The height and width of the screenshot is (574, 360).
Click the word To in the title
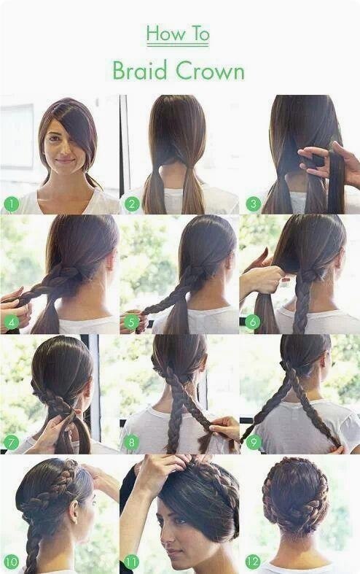tap(200, 34)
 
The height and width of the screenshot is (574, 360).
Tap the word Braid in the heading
tap(140, 70)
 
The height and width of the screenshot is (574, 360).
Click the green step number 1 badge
tap(12, 204)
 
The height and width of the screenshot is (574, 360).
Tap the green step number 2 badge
tap(132, 204)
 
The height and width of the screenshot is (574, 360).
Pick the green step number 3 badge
tap(253, 204)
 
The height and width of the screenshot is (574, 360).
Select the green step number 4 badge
tap(12, 322)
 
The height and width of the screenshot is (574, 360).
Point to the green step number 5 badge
tap(132, 322)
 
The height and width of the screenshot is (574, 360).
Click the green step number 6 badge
tap(252, 322)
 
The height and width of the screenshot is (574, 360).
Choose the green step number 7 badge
tap(12, 443)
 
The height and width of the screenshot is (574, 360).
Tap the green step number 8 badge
tap(132, 443)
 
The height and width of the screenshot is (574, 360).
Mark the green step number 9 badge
tap(253, 443)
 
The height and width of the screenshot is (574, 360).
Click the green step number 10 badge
tap(12, 561)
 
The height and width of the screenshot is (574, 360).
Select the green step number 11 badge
tap(132, 561)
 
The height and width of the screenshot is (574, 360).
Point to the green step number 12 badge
tap(253, 561)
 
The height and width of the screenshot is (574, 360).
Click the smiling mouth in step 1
tap(64, 160)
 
